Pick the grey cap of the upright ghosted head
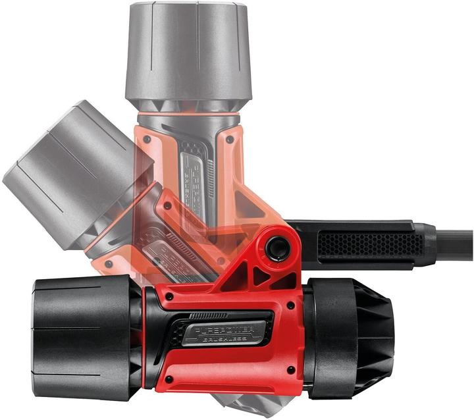[187, 53]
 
